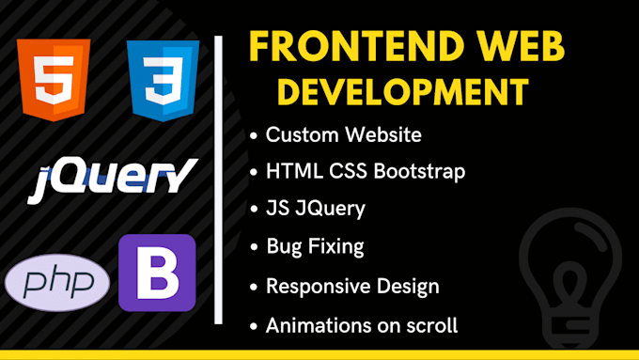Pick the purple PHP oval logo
click(x=58, y=282)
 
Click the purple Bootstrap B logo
click(x=157, y=273)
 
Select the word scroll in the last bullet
click(x=433, y=325)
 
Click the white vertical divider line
click(x=219, y=179)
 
